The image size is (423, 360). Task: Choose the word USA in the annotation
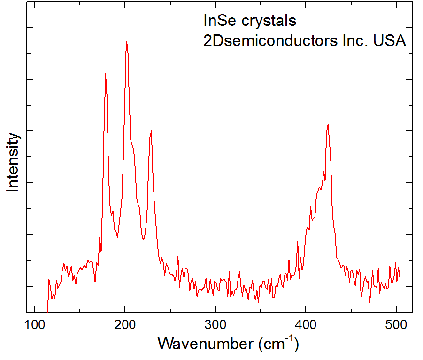coord(390,41)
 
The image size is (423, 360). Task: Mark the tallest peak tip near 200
coord(126,41)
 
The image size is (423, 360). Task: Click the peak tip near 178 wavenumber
coord(106,74)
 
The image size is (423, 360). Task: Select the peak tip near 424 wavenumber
coord(328,124)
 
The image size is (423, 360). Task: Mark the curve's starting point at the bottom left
coord(48,311)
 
